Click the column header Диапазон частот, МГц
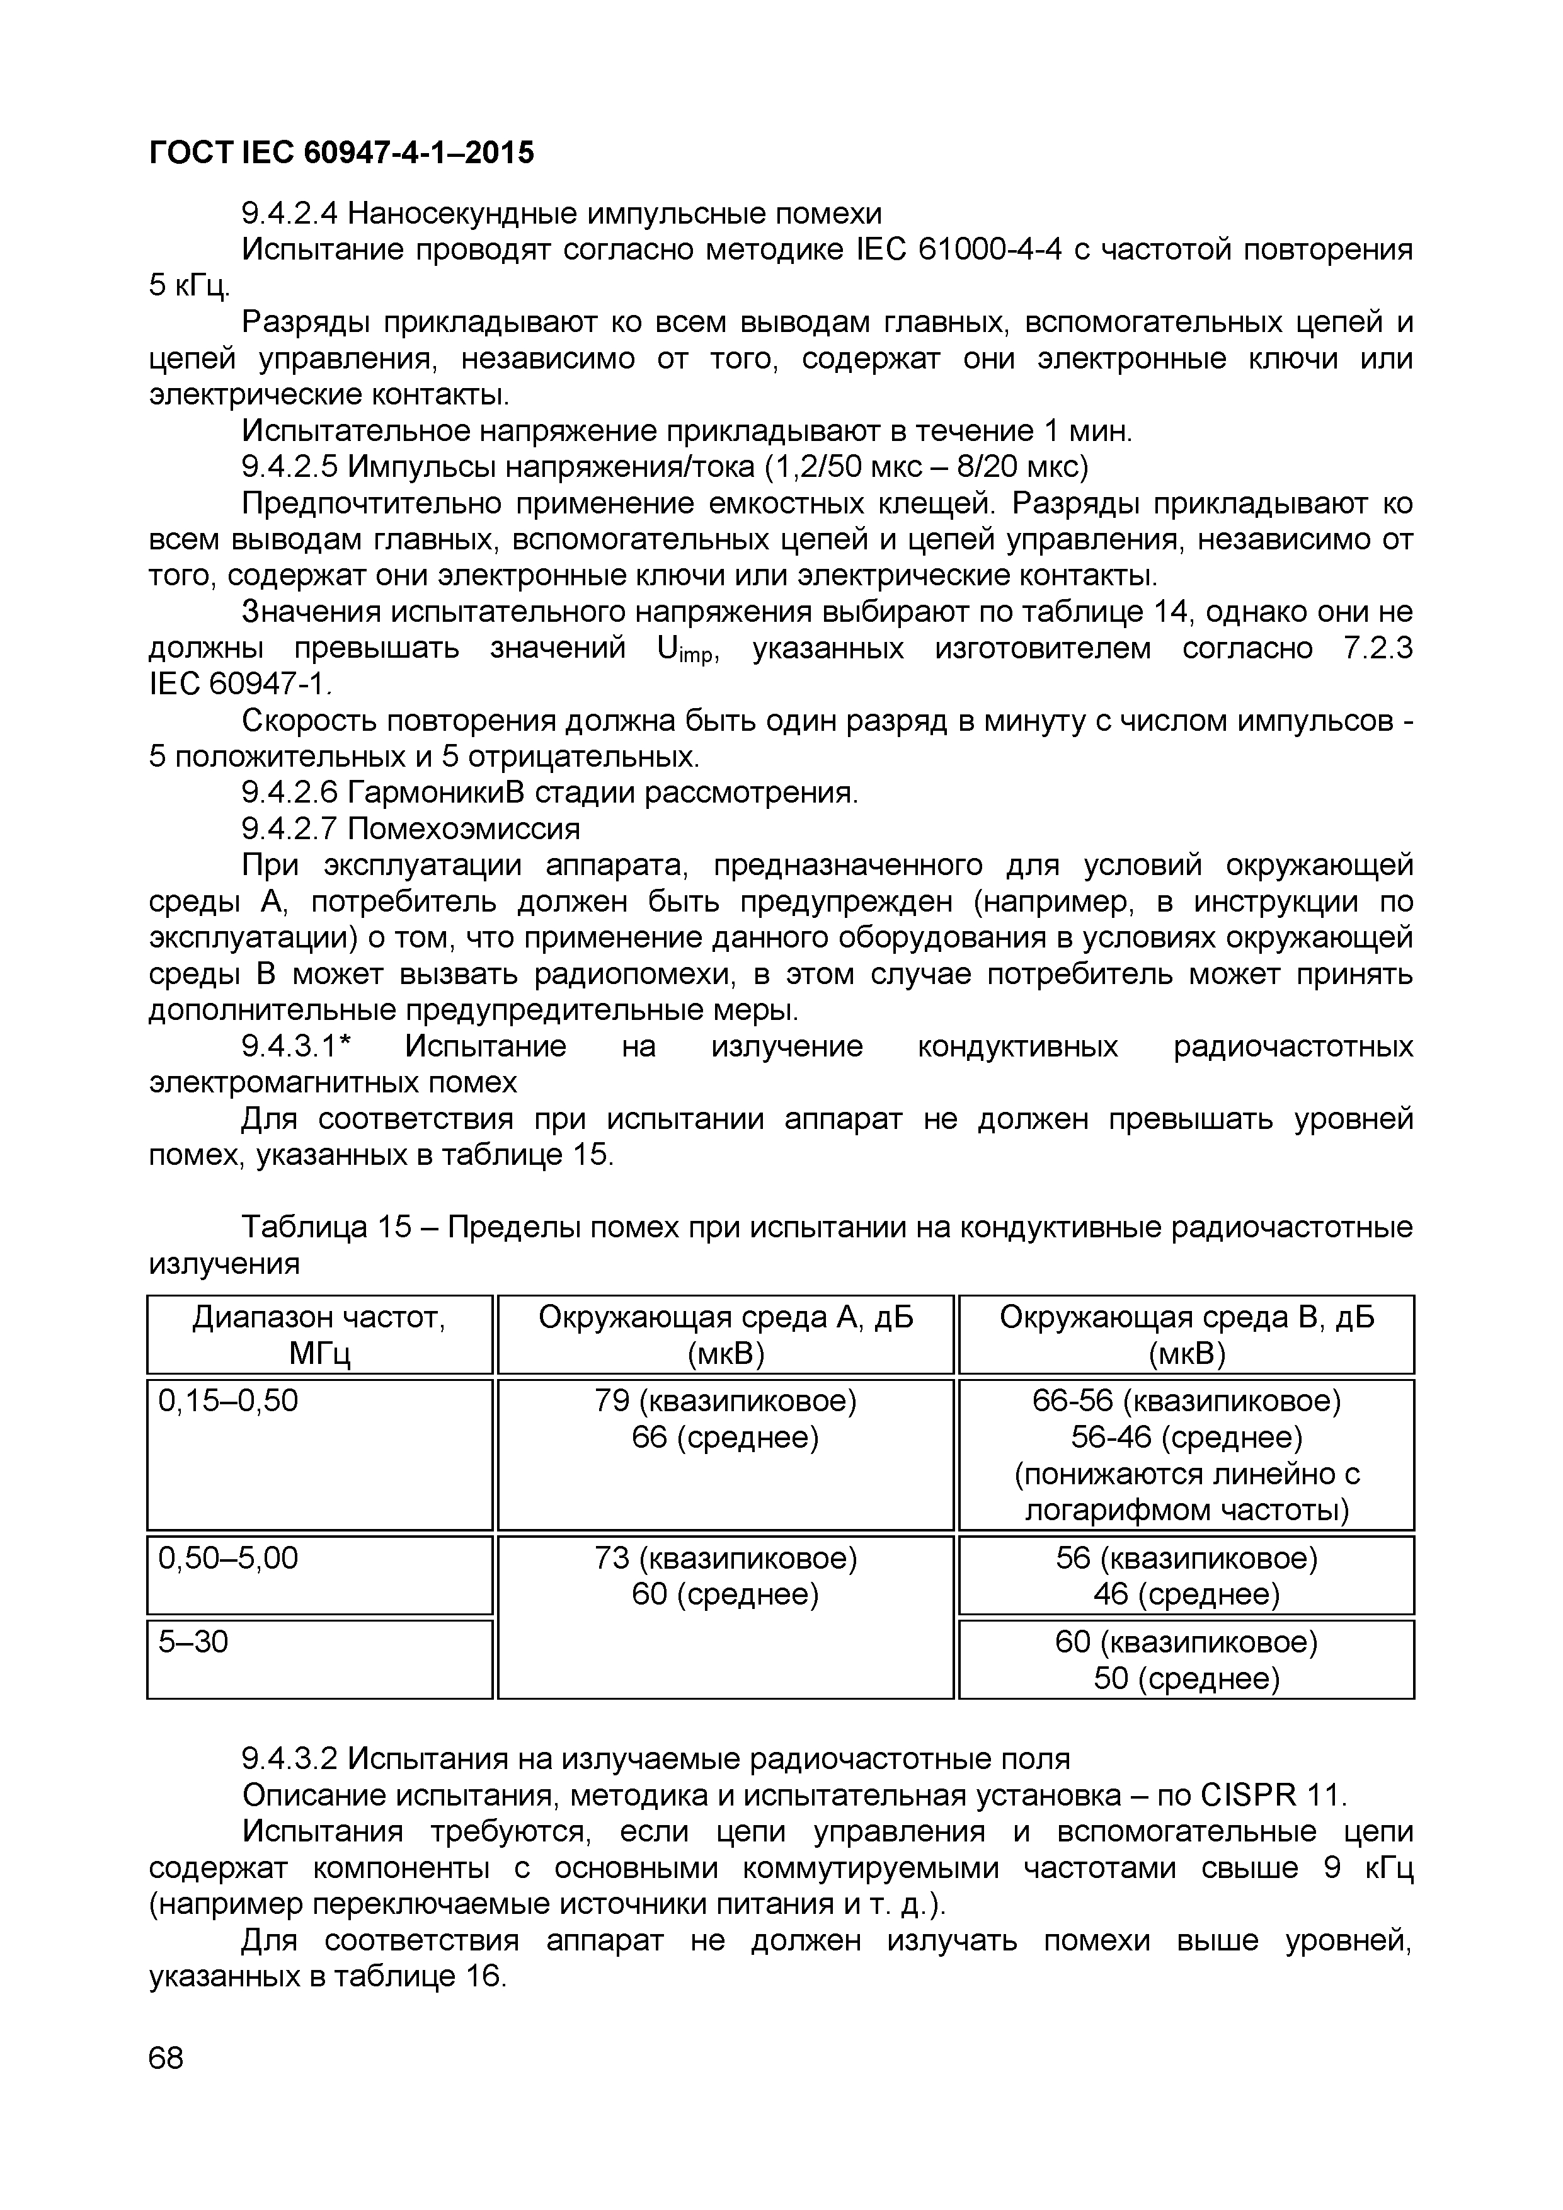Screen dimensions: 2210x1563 click(319, 1335)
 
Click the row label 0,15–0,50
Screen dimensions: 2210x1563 click(228, 1400)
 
